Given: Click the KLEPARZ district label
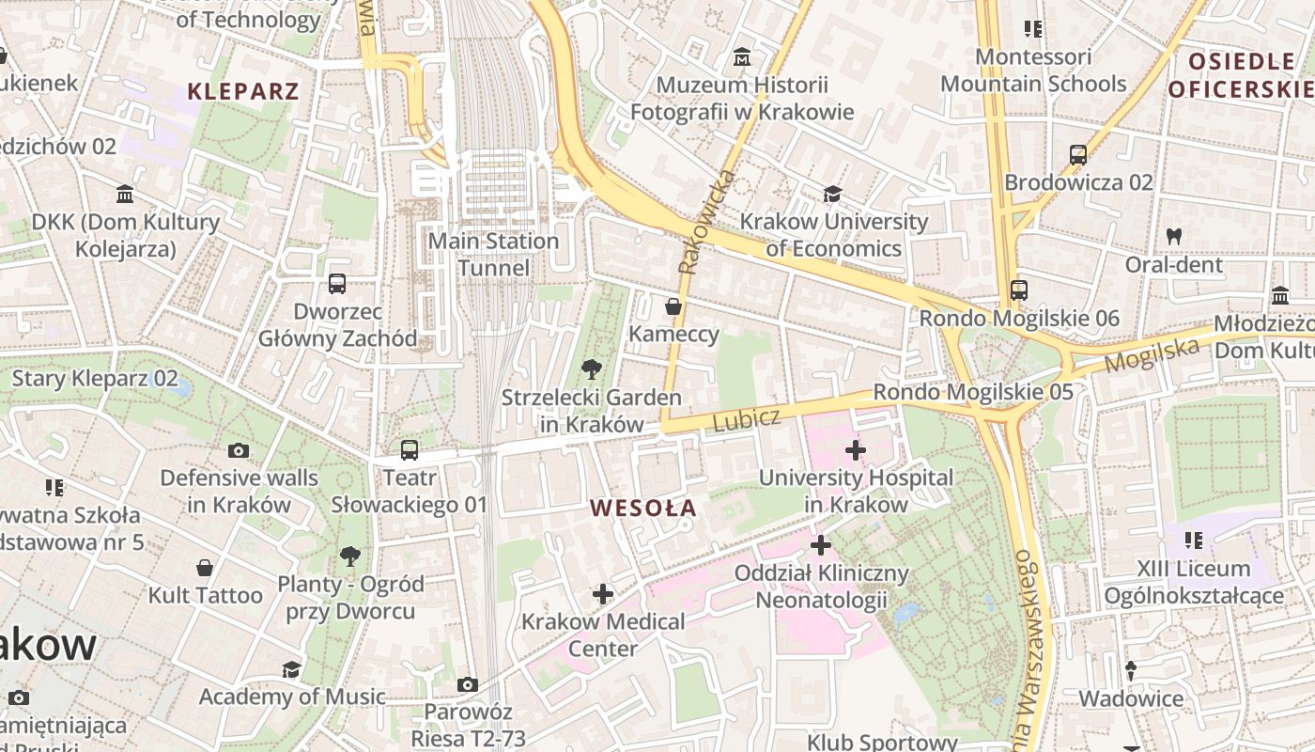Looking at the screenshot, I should point(242,91).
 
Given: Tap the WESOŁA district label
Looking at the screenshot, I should point(643,509).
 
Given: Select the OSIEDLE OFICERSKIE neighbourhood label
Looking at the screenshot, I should point(1242,75).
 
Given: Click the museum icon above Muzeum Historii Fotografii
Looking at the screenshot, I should point(742,57).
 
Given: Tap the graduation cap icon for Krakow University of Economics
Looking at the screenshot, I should point(832,195).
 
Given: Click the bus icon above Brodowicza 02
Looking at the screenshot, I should point(1078,155).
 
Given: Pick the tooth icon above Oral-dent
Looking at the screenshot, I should point(1173,236).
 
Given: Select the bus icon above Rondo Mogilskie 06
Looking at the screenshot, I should point(1019,290).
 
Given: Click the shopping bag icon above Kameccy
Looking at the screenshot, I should point(673,306).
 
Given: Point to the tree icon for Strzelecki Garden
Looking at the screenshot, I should point(592,368).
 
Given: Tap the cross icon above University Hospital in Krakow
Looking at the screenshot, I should point(856,450).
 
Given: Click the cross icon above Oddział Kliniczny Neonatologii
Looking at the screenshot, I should point(821,545).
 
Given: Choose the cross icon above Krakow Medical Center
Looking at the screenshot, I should point(603,594).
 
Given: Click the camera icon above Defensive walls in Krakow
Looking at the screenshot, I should point(239,450).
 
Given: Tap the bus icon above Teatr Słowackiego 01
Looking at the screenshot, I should point(410,450).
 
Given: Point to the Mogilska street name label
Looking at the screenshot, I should point(1153,354).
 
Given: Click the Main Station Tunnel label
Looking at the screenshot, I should point(493,255).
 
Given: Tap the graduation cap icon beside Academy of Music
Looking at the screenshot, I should point(292,669).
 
